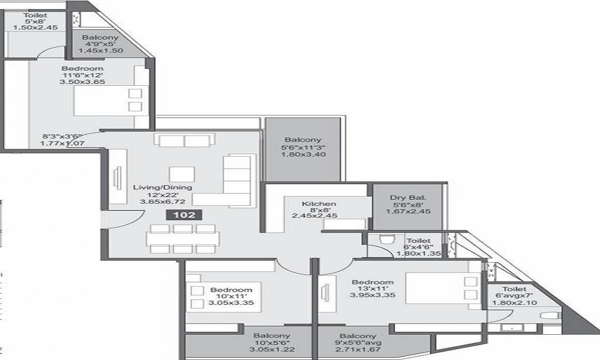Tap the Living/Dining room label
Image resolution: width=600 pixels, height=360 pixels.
162,187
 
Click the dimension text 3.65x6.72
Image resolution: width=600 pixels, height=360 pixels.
162,202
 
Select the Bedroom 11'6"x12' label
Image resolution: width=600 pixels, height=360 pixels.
82,68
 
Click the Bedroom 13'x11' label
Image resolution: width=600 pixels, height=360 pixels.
373,282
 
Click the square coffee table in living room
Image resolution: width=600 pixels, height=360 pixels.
181,174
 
